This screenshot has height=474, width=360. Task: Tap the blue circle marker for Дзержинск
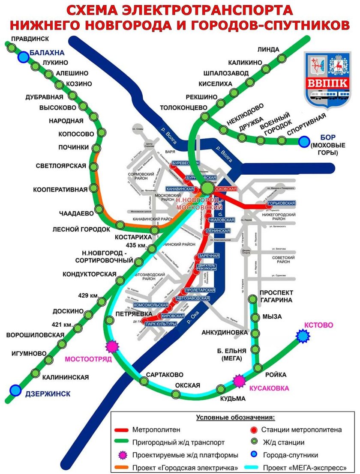pyautogui.click(x=16, y=390)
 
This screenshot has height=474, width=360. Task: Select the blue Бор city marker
pyautogui.click(x=304, y=141)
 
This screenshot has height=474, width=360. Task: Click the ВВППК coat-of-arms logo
pyautogui.click(x=328, y=79)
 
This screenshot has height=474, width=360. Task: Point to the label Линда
pyautogui.click(x=269, y=49)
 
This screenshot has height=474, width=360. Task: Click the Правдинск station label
pyautogui.click(x=30, y=39)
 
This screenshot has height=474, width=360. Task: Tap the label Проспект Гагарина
pyautogui.click(x=276, y=296)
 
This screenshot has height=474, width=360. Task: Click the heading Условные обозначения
pyautogui.click(x=235, y=417)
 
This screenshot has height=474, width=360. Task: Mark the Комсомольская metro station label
pyautogui.click(x=151, y=305)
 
